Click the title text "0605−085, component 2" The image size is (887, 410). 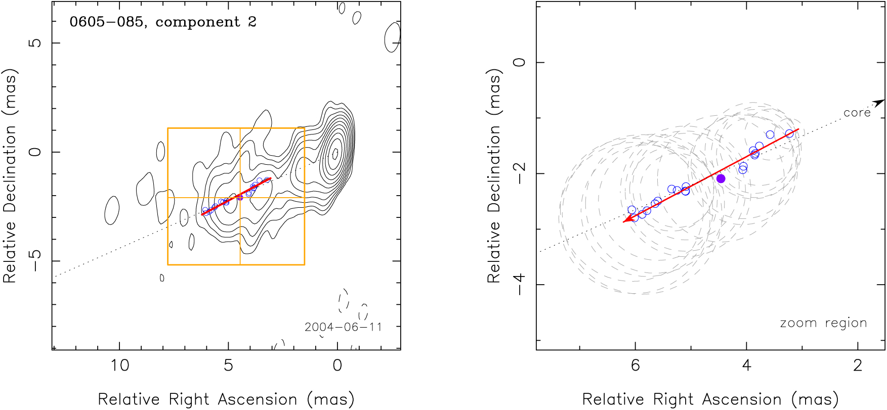pyautogui.click(x=162, y=22)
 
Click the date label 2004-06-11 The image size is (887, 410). pyautogui.click(x=343, y=327)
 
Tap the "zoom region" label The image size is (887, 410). pyautogui.click(x=823, y=323)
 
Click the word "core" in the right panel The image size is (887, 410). pyautogui.click(x=857, y=113)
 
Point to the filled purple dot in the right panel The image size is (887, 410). pyautogui.click(x=721, y=178)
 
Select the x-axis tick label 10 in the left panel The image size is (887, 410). pyautogui.click(x=120, y=366)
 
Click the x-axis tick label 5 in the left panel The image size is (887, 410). pyautogui.click(x=228, y=366)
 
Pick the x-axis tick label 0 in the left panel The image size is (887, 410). pyautogui.click(x=337, y=366)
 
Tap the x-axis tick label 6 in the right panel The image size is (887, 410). pyautogui.click(x=635, y=366)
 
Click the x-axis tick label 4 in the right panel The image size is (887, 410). pyautogui.click(x=746, y=366)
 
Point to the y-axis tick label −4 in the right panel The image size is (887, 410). pyautogui.click(x=520, y=285)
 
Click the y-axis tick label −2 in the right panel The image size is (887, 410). pyautogui.click(x=520, y=173)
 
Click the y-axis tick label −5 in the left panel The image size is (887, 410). pyautogui.click(x=35, y=261)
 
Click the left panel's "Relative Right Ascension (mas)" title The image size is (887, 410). pyautogui.click(x=226, y=399)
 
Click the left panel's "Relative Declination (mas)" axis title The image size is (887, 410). pyautogui.click(x=10, y=175)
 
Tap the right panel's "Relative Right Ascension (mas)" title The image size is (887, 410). pyautogui.click(x=710, y=399)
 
